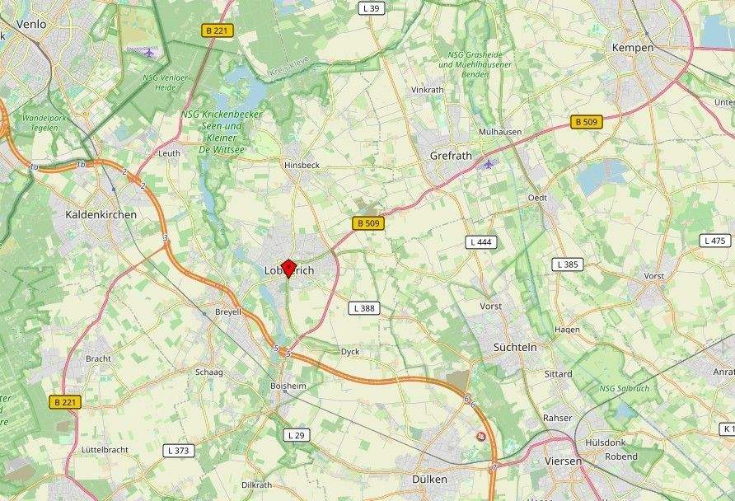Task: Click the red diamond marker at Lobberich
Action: pyautogui.click(x=288, y=267)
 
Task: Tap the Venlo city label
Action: pyautogui.click(x=30, y=25)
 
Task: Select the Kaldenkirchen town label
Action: pyautogui.click(x=101, y=214)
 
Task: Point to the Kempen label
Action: pyautogui.click(x=633, y=48)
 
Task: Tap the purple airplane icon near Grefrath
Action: pyautogui.click(x=489, y=163)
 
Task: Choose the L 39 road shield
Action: pyautogui.click(x=372, y=8)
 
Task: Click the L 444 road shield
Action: pyautogui.click(x=480, y=242)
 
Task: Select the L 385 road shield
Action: pyautogui.click(x=568, y=265)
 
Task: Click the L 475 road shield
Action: pyautogui.click(x=715, y=241)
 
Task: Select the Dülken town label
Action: pyautogui.click(x=429, y=479)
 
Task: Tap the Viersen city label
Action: pyautogui.click(x=563, y=461)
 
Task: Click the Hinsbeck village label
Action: pyautogui.click(x=302, y=165)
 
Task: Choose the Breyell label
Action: pyautogui.click(x=227, y=313)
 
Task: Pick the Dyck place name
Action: pyautogui.click(x=350, y=352)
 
